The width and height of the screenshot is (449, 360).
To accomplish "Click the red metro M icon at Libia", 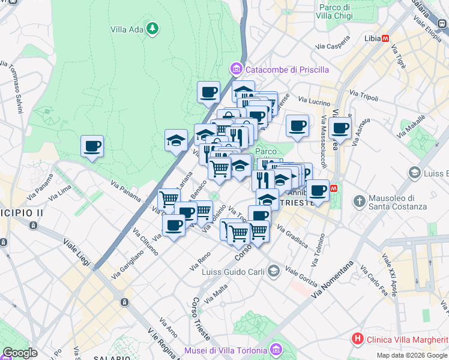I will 385,38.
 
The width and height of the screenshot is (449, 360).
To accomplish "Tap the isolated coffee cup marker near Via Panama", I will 92,146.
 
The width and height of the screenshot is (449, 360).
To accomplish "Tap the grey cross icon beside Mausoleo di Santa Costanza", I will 358,200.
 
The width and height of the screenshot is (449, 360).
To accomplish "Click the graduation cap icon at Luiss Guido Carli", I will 274,271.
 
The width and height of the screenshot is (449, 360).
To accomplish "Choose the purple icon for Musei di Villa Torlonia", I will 276,349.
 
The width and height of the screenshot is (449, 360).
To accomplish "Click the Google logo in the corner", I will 20,353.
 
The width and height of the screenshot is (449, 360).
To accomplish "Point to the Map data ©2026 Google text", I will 411,355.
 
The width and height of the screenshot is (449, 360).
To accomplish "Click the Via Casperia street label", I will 332,46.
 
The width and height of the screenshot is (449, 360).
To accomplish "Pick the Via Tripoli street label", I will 364,96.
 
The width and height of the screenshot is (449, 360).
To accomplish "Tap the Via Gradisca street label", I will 292,236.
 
